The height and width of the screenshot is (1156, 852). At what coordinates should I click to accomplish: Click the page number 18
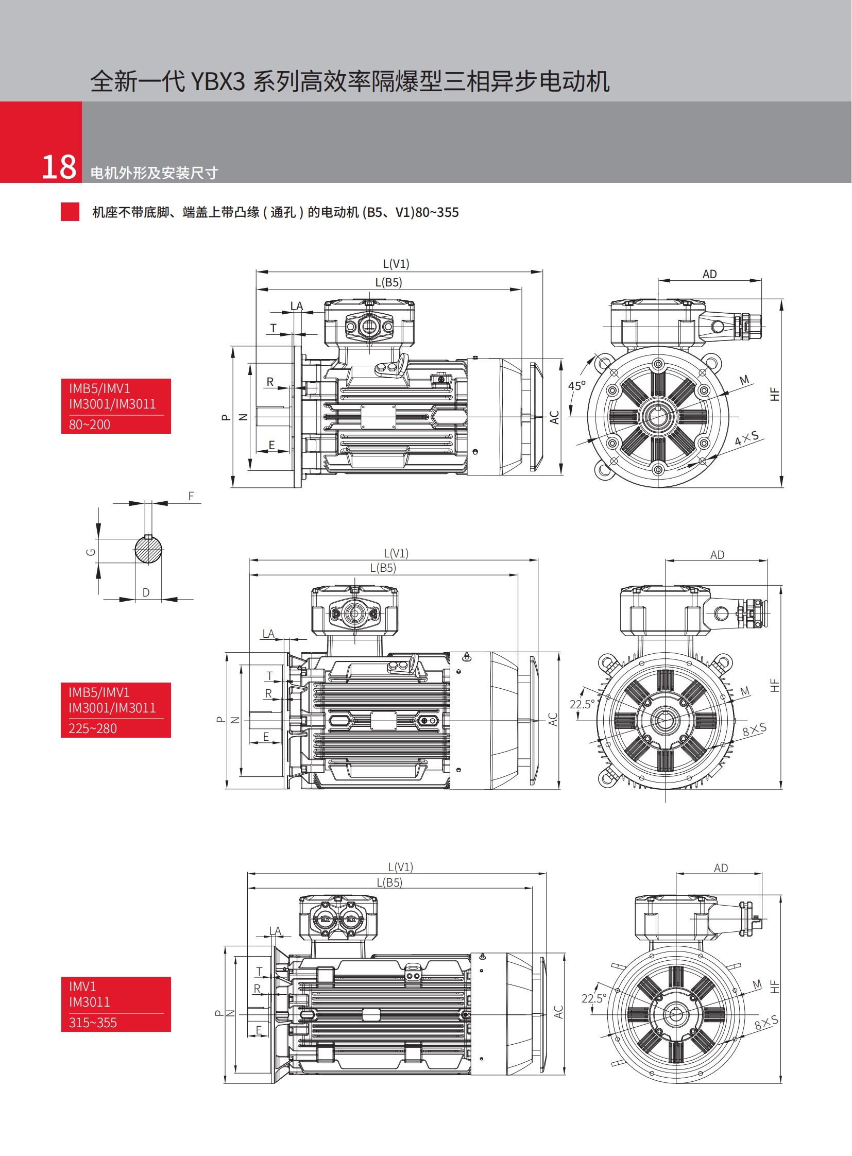(x=59, y=167)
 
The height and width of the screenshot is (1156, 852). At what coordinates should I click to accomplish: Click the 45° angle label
(x=576, y=386)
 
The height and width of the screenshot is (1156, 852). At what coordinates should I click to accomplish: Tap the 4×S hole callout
(x=747, y=438)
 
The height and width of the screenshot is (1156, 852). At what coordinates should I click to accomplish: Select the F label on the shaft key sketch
(x=191, y=496)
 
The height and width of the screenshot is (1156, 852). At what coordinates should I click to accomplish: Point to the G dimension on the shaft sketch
(x=91, y=552)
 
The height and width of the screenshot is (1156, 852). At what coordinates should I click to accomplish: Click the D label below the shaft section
(x=146, y=593)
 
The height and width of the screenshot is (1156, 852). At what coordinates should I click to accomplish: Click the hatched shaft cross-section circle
(x=148, y=550)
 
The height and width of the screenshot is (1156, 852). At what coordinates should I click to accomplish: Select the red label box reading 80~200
(x=116, y=406)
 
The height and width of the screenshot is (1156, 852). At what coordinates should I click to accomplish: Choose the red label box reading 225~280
(x=116, y=710)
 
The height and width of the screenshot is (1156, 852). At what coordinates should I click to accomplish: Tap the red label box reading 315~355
(x=116, y=1004)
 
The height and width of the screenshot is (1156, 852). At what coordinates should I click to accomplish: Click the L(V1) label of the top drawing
(x=396, y=264)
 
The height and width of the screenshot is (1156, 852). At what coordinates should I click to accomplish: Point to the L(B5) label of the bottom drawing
(x=389, y=882)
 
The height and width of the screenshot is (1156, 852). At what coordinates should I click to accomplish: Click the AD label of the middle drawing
(x=718, y=555)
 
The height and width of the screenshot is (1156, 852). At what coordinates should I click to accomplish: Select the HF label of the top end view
(x=774, y=394)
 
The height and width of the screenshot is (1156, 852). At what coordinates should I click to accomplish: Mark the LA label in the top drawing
(x=297, y=307)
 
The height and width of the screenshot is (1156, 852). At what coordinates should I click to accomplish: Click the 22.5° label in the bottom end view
(x=594, y=999)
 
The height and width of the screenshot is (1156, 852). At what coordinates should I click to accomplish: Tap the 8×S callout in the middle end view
(x=755, y=729)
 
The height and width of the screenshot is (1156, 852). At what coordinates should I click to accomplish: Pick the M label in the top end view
(x=744, y=380)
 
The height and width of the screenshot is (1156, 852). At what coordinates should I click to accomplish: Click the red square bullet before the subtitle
(x=70, y=212)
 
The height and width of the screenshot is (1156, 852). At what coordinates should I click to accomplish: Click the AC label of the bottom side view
(x=558, y=1012)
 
